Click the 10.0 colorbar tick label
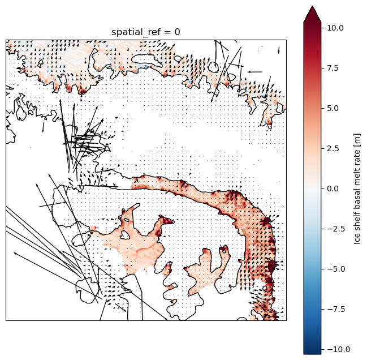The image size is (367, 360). (x=335, y=28)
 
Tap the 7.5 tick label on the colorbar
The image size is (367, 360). (x=333, y=68)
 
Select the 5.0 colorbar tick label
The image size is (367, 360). (x=333, y=108)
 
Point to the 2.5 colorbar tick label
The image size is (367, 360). (x=333, y=148)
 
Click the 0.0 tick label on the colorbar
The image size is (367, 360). (x=333, y=188)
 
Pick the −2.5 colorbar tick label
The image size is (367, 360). (x=336, y=229)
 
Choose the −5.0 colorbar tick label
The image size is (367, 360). (x=336, y=269)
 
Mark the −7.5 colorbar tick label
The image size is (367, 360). (x=336, y=309)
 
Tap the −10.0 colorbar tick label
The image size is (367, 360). (x=339, y=349)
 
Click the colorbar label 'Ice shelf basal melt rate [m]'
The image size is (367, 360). (x=357, y=189)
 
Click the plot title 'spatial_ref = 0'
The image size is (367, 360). (x=145, y=32)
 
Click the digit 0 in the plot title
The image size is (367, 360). (x=177, y=32)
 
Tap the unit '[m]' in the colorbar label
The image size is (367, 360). (x=357, y=139)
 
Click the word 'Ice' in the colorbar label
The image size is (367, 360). (x=357, y=239)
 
